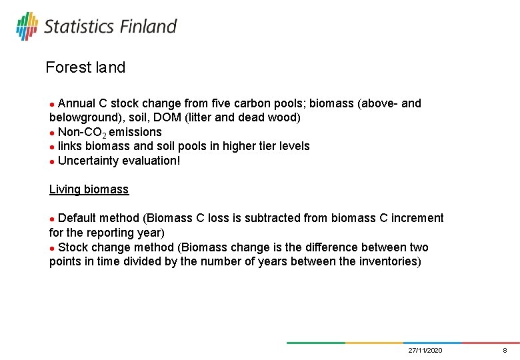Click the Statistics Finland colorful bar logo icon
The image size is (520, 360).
27,27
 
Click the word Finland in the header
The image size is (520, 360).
148,27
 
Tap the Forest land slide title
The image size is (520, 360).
85,67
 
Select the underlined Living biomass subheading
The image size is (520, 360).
89,189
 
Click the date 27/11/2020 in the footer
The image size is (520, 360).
425,350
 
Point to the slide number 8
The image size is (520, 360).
505,350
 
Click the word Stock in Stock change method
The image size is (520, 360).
73,247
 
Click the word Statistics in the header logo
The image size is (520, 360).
79,27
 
